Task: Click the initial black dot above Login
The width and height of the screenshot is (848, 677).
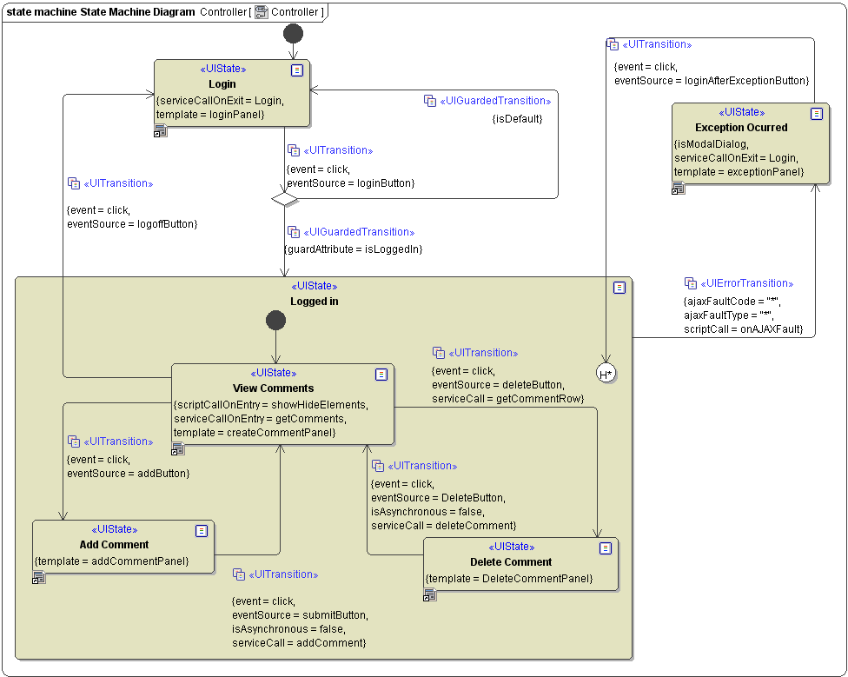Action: [294, 34]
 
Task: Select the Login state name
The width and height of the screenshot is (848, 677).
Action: [222, 84]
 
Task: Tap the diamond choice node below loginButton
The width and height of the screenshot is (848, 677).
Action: [284, 199]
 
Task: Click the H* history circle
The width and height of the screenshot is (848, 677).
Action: [606, 374]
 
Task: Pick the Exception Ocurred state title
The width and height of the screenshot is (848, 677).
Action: [741, 128]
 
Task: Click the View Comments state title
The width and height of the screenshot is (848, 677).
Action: [274, 388]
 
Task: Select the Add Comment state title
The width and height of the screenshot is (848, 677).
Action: [114, 545]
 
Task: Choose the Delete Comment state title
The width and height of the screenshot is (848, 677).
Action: [511, 562]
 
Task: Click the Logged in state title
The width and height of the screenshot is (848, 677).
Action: [314, 302]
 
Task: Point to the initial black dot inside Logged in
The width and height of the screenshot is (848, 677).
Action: [275, 321]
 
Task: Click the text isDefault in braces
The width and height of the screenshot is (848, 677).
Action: [517, 118]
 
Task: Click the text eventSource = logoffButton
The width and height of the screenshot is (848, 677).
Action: [132, 224]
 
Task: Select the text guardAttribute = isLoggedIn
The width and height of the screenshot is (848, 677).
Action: [354, 249]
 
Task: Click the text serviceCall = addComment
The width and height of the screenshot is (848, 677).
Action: [299, 643]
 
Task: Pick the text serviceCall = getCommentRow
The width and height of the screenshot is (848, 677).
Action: [507, 399]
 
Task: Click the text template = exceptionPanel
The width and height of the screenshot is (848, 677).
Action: [739, 172]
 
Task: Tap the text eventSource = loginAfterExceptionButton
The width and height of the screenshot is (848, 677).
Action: [712, 81]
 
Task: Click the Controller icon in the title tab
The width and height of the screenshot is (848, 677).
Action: [261, 12]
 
